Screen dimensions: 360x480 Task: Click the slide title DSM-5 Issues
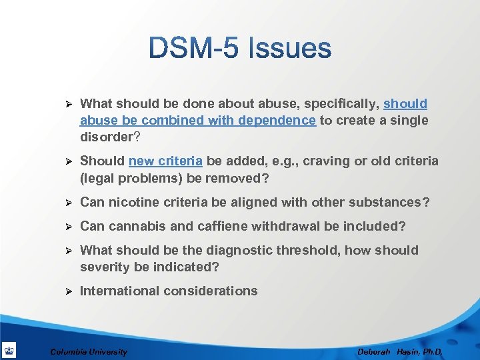240,48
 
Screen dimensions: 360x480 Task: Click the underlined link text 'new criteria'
166,161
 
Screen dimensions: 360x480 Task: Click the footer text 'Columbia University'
89,351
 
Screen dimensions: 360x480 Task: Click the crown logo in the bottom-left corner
9,350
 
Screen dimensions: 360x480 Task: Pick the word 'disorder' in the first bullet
105,137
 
